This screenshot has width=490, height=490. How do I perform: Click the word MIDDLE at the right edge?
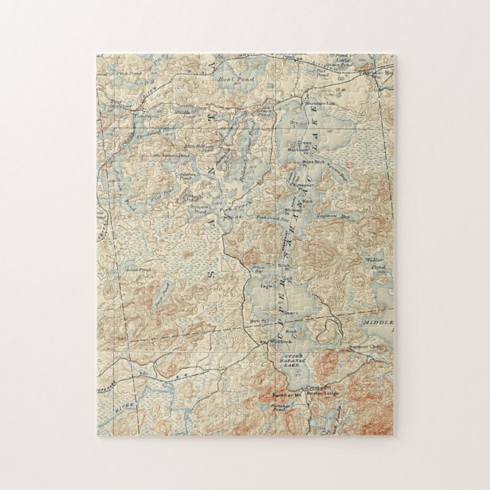coord(378,323)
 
